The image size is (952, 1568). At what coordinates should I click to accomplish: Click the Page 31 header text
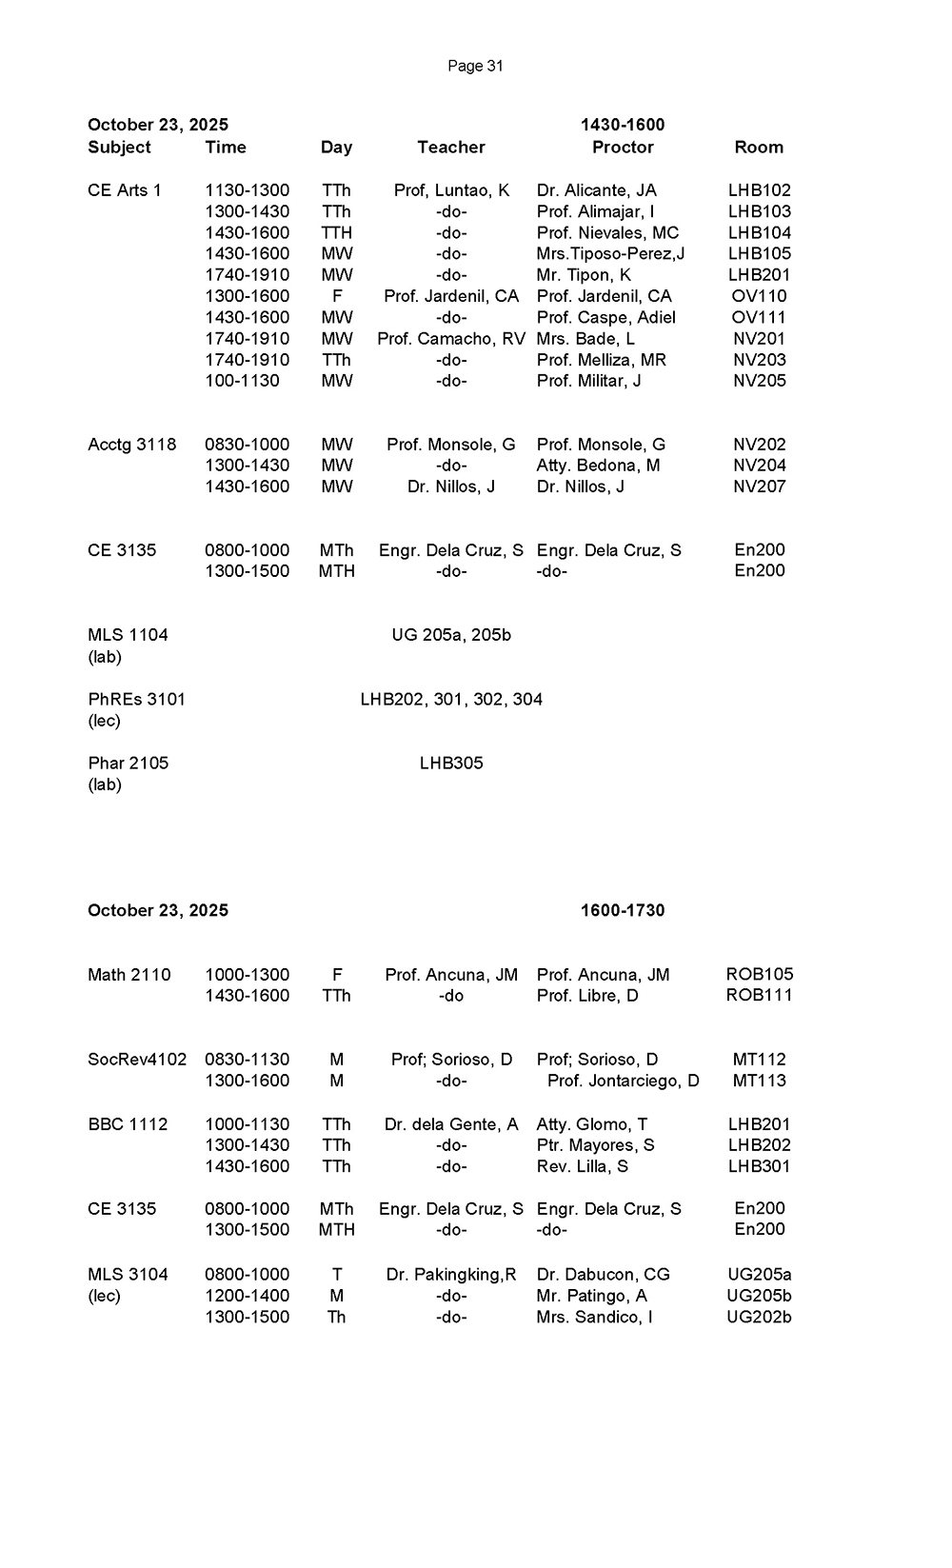tap(475, 66)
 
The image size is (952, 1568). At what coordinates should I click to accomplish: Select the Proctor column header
tap(623, 148)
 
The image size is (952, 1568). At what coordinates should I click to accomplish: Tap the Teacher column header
tap(451, 148)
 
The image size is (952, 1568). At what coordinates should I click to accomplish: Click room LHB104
tap(759, 232)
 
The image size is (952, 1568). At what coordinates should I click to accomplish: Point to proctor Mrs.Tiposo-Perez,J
tap(610, 254)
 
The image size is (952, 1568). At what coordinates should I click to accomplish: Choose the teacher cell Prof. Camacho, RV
tap(451, 339)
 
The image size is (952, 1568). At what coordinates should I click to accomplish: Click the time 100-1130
tap(242, 381)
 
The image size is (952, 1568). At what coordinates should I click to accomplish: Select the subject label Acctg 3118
tap(131, 445)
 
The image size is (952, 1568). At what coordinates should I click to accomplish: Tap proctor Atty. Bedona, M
tap(598, 466)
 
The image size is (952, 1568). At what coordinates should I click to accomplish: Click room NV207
tap(759, 486)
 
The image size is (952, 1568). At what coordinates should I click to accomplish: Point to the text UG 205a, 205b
tap(451, 635)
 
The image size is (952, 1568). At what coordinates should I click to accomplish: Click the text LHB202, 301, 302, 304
tap(451, 700)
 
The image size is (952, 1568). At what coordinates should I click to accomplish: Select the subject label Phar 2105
tap(128, 764)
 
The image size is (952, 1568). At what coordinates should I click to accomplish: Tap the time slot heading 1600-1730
tap(623, 911)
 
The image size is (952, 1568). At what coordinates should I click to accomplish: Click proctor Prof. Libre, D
tap(587, 996)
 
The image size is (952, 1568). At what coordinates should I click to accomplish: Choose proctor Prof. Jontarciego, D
tap(623, 1081)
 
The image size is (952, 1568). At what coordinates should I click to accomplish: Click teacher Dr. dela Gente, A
tap(451, 1124)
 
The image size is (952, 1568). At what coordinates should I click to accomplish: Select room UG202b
tap(759, 1318)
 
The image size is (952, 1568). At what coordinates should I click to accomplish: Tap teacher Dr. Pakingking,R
tap(451, 1275)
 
